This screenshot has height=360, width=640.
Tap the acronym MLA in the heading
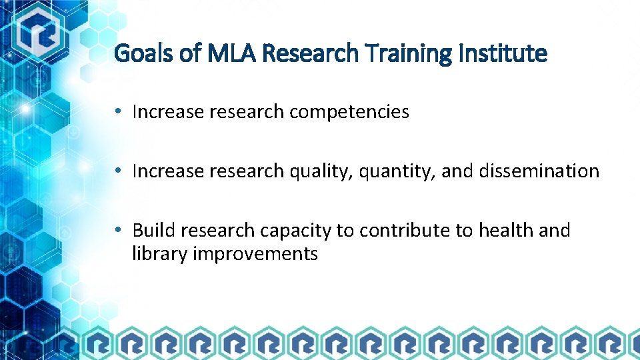229,53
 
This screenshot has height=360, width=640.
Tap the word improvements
254,254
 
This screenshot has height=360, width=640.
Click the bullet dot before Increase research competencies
117,112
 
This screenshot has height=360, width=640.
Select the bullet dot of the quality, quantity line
117,171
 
